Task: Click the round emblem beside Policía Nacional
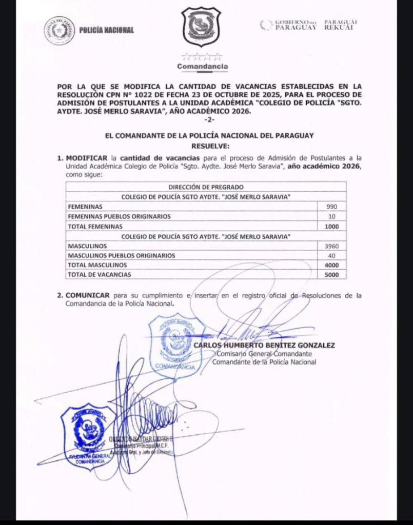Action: tap(60, 30)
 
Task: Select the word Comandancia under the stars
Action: tap(203, 66)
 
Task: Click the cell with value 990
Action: tap(337, 207)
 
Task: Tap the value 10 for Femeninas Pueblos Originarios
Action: tap(337, 216)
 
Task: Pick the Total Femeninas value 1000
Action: tap(336, 226)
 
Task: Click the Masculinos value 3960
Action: tap(336, 246)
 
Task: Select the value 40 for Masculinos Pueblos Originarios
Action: tap(337, 255)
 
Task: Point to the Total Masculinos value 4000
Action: tap(336, 265)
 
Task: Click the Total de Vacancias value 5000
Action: tap(336, 275)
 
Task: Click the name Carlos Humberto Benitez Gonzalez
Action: tap(264, 346)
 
